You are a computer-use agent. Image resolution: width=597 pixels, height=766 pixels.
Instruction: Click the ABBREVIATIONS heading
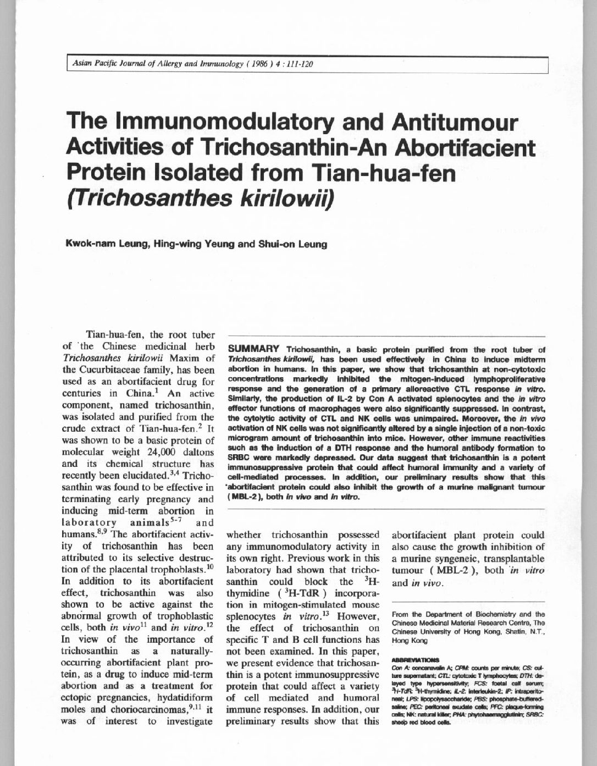415,658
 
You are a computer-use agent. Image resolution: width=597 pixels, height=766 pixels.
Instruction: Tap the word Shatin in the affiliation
500,632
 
